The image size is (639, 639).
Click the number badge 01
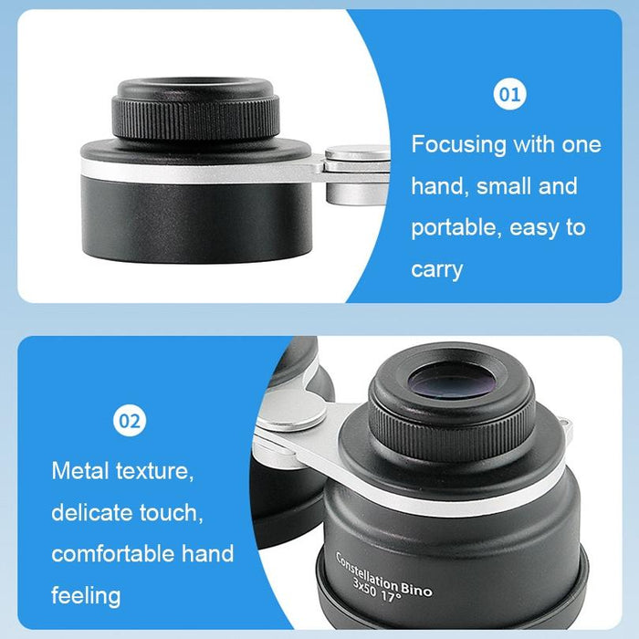(510, 94)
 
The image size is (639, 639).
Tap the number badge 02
(129, 422)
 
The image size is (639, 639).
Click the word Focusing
(458, 144)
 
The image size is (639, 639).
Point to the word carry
(436, 269)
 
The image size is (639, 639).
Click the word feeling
(86, 596)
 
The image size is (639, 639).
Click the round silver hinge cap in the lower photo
(290, 410)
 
